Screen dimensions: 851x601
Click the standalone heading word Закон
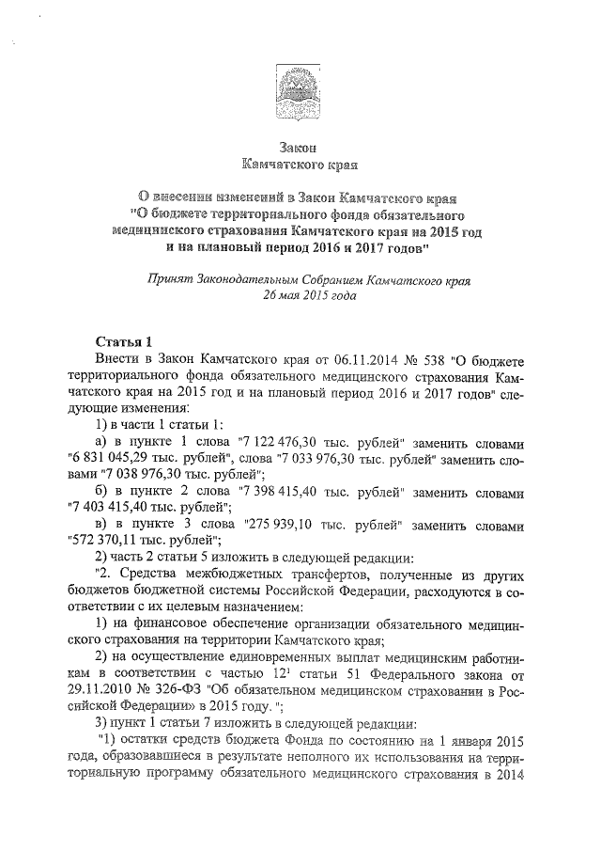300,149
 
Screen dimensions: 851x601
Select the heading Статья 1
122,340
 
